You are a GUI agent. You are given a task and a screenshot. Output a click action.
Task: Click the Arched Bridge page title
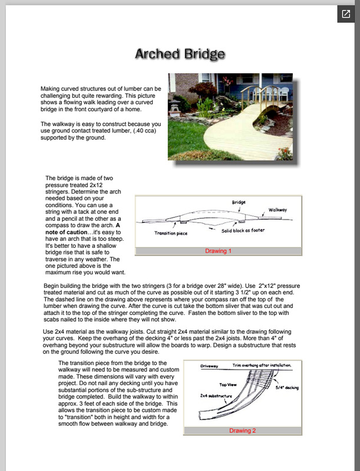pyautogui.click(x=180, y=54)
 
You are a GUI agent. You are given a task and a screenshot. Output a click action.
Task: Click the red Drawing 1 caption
pyautogui.click(x=218, y=251)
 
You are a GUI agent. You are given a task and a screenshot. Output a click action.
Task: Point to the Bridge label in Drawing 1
pyautogui.click(x=239, y=202)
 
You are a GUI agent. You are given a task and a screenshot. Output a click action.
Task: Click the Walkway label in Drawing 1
pyautogui.click(x=278, y=210)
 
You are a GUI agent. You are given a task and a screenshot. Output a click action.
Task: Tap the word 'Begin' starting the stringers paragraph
pyautogui.click(x=55, y=285)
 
